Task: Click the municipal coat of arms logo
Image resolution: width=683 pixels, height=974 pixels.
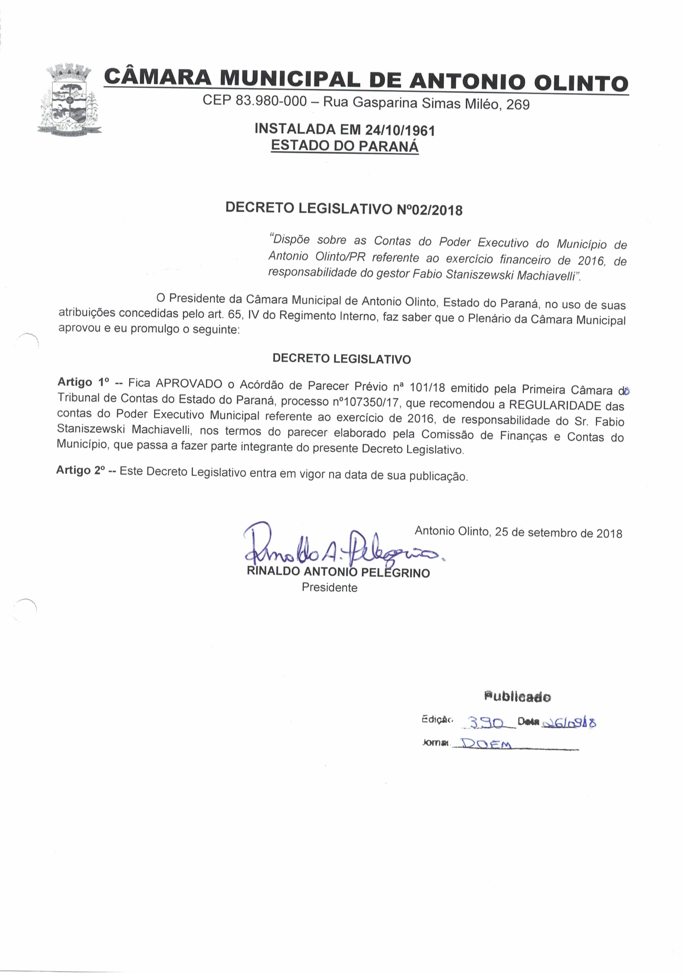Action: point(70,100)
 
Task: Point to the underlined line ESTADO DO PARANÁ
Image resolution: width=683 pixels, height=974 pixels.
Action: point(345,146)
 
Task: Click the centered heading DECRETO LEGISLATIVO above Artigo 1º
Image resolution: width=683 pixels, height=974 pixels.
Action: point(341,359)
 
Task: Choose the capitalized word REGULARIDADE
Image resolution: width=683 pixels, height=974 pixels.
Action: point(555,405)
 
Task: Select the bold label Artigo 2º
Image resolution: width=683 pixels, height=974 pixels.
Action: point(81,471)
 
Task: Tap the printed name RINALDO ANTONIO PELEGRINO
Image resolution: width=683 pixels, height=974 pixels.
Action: point(338,572)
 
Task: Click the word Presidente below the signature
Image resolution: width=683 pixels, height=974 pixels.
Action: point(329,588)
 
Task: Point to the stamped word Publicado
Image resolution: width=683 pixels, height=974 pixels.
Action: point(517,696)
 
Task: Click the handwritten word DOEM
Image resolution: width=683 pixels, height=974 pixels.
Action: point(486,744)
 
